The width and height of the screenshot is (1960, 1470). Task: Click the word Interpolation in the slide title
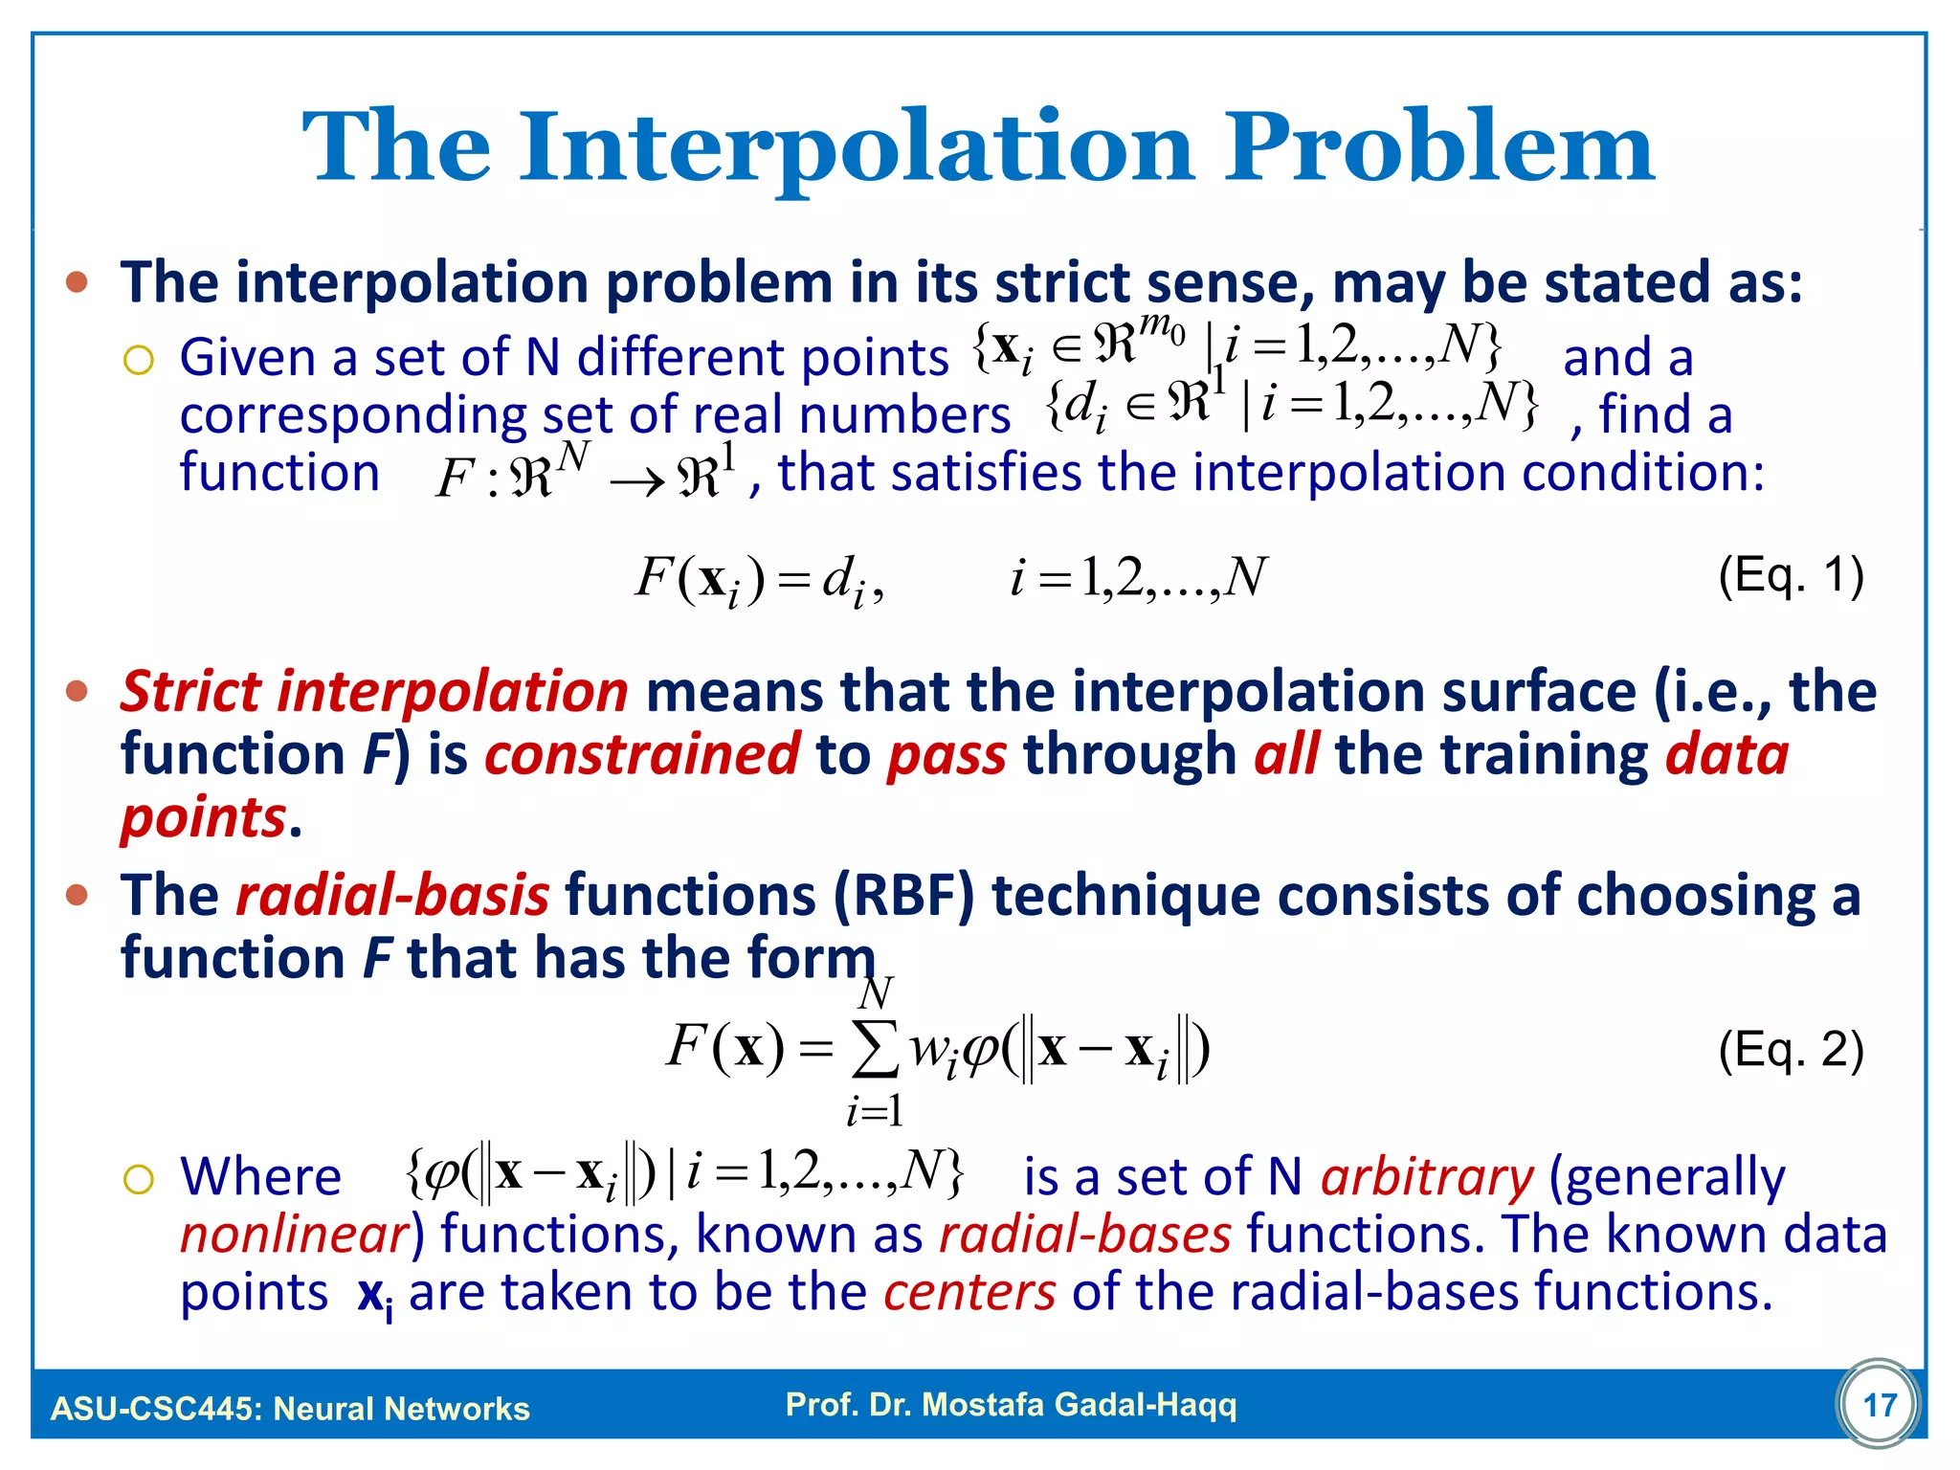pos(857,148)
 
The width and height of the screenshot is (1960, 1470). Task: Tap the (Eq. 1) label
pos(1791,576)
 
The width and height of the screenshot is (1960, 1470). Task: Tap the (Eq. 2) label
pos(1791,1050)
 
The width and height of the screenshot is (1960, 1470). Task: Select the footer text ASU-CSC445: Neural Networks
pos(290,1409)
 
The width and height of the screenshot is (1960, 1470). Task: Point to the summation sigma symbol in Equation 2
pos(875,1049)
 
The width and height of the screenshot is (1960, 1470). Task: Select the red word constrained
pos(641,754)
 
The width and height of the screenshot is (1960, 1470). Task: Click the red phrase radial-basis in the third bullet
pos(392,896)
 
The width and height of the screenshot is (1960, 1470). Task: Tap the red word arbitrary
pos(1427,1176)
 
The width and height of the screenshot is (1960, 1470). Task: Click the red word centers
pos(969,1291)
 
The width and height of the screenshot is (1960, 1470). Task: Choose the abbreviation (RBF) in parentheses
pos(903,896)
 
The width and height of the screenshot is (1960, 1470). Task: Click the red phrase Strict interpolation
pos(374,691)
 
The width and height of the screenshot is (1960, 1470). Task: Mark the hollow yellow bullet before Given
pos(139,361)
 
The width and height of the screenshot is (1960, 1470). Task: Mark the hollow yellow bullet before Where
pos(139,1179)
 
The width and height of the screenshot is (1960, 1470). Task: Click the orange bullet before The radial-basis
pos(78,896)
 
